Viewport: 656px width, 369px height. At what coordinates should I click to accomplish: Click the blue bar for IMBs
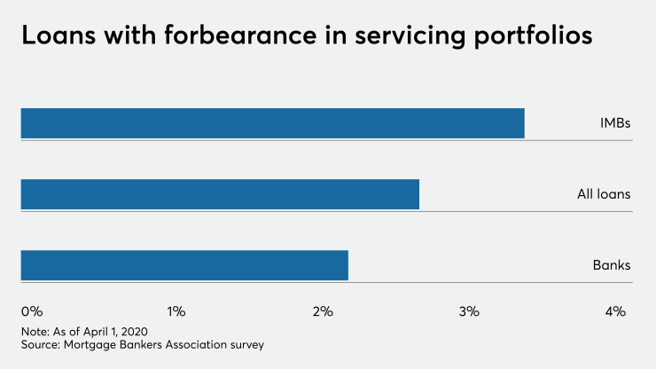coord(272,123)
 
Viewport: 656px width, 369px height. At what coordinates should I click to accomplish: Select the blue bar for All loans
coord(220,194)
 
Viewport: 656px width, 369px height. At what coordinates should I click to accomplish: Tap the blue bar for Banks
coord(184,265)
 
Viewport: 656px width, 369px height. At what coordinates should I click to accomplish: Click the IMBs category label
coord(615,123)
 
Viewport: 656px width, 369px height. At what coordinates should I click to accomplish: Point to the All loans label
coord(604,194)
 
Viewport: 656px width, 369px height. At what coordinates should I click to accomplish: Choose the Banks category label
coord(612,265)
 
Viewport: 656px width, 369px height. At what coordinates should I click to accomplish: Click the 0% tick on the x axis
coord(32,311)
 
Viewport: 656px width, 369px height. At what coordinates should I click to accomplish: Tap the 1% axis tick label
coord(176,311)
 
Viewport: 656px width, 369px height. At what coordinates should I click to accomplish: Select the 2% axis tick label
coord(323,311)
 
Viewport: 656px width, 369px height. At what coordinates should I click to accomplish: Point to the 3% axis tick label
coord(469,311)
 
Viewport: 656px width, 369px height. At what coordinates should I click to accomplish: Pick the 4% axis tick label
coord(615,311)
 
